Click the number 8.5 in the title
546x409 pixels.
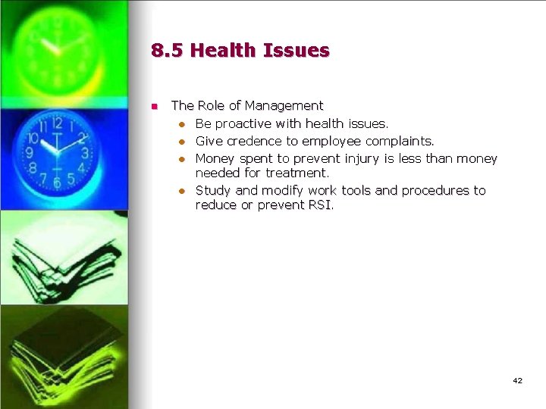coord(166,52)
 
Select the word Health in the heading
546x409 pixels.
coord(222,52)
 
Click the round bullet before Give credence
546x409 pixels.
coord(182,142)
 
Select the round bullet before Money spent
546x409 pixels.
coord(182,159)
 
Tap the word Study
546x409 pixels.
coord(213,190)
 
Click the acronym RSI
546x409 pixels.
coord(320,205)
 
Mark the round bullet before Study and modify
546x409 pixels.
coord(182,191)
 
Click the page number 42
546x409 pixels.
coord(517,380)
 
